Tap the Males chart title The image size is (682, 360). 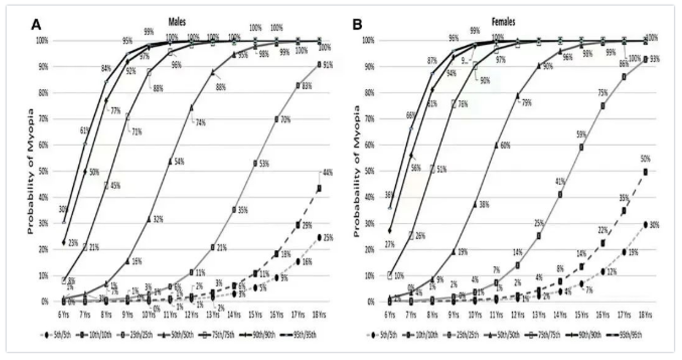177,22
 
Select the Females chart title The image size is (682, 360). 503,22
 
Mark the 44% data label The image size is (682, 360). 327,173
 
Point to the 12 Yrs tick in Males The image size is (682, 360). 192,315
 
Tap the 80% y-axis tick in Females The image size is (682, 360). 368,93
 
